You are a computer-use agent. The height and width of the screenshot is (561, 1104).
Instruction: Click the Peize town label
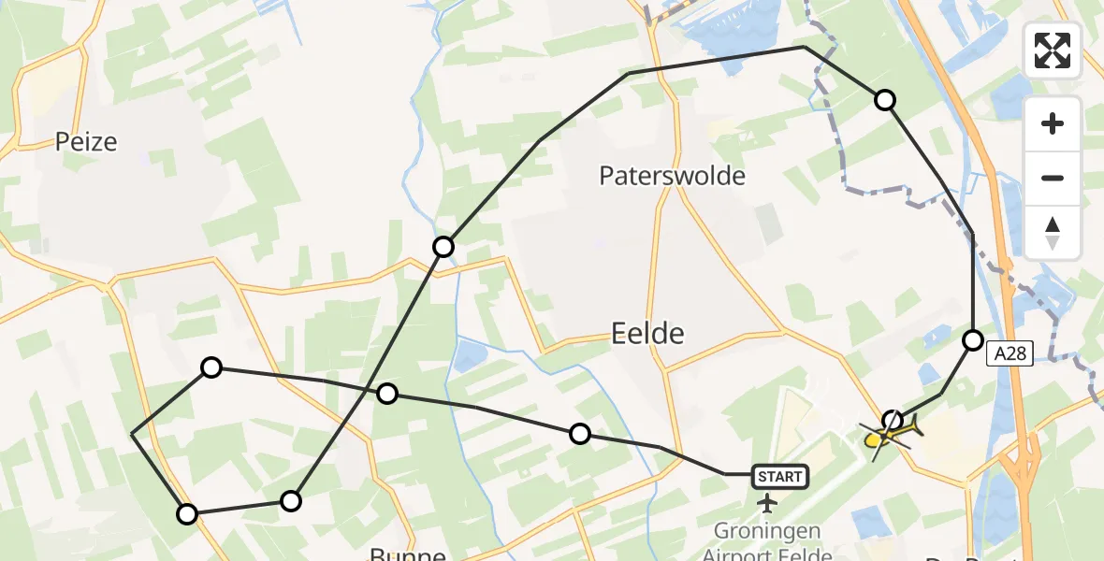[86, 142]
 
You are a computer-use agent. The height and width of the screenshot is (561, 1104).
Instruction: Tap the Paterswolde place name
[673, 176]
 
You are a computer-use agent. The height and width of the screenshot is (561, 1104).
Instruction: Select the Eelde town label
[647, 333]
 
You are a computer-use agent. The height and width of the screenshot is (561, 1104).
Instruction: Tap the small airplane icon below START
[768, 504]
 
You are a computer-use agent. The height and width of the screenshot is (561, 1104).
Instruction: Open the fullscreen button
[1053, 50]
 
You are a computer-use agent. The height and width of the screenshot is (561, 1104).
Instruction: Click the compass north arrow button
[1053, 233]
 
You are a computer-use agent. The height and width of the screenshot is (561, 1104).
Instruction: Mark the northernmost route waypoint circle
[884, 100]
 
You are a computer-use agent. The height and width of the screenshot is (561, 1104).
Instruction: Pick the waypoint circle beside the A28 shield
[973, 340]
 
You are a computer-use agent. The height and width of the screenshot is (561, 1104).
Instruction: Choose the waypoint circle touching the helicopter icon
[893, 420]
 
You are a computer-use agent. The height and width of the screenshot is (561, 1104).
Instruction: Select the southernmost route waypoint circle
[188, 513]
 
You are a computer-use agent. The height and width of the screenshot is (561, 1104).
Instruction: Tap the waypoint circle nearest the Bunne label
[292, 501]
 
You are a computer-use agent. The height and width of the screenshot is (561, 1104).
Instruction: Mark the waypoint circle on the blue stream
[443, 247]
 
